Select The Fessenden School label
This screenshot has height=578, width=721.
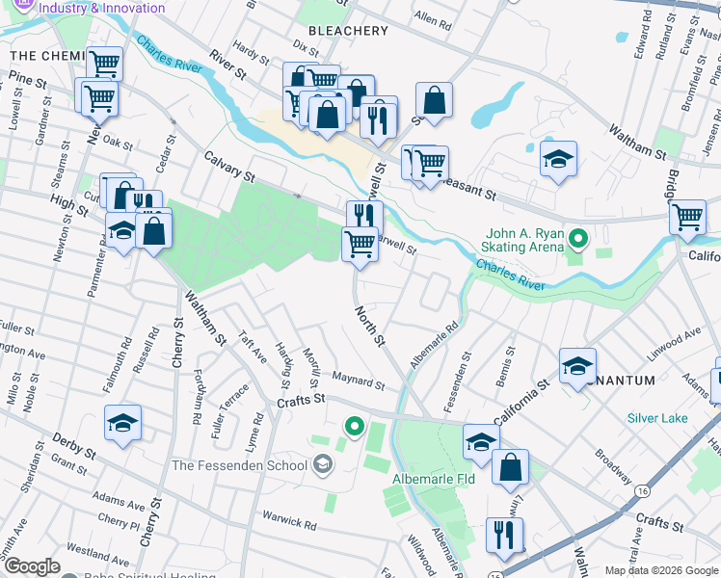tap(239, 465)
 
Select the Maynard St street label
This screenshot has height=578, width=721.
tap(359, 382)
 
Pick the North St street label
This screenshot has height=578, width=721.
tap(369, 328)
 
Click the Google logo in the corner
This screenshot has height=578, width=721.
tap(31, 566)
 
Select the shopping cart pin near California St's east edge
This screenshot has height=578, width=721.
tap(687, 217)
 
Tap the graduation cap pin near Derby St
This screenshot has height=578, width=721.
tap(122, 424)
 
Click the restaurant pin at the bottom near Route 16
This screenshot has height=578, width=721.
tap(504, 535)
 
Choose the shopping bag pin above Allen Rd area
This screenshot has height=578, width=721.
tap(435, 99)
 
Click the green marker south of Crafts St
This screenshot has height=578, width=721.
tap(355, 425)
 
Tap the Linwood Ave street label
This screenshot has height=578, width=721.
tap(673, 344)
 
